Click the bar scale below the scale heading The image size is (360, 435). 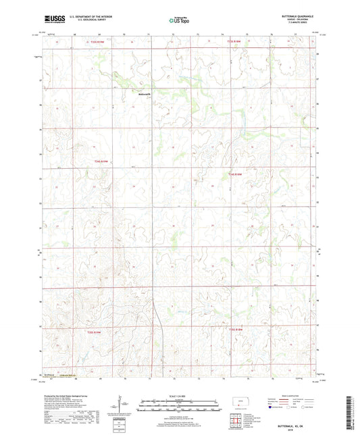pos(180,409)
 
